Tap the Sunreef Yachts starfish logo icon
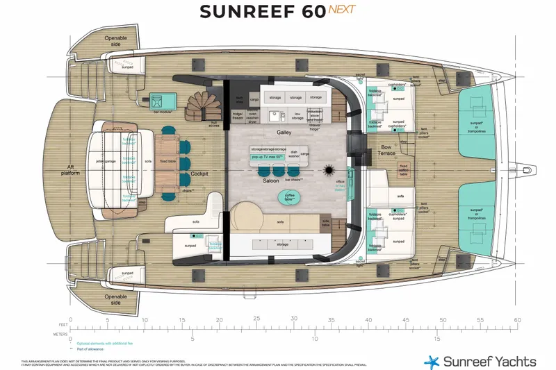click(x=432, y=361)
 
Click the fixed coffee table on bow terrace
click(x=404, y=170)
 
